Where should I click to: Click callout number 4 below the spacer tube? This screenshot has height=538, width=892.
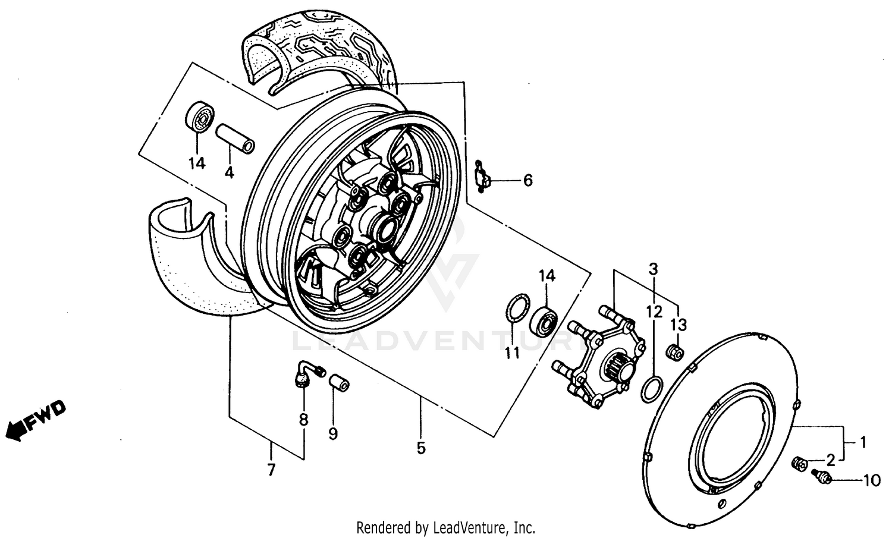click(229, 173)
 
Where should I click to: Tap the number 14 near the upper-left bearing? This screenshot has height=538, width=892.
click(197, 162)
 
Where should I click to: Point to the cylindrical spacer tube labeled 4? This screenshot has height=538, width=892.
click(234, 138)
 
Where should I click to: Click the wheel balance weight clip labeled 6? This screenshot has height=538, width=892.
click(483, 178)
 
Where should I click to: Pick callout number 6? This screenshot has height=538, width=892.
click(527, 180)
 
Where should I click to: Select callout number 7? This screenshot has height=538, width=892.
click(271, 470)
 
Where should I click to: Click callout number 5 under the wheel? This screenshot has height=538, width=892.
click(421, 448)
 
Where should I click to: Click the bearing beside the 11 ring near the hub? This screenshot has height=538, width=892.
click(544, 320)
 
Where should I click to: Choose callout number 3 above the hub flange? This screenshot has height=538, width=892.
click(654, 268)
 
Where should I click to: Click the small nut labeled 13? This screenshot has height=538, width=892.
click(675, 351)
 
